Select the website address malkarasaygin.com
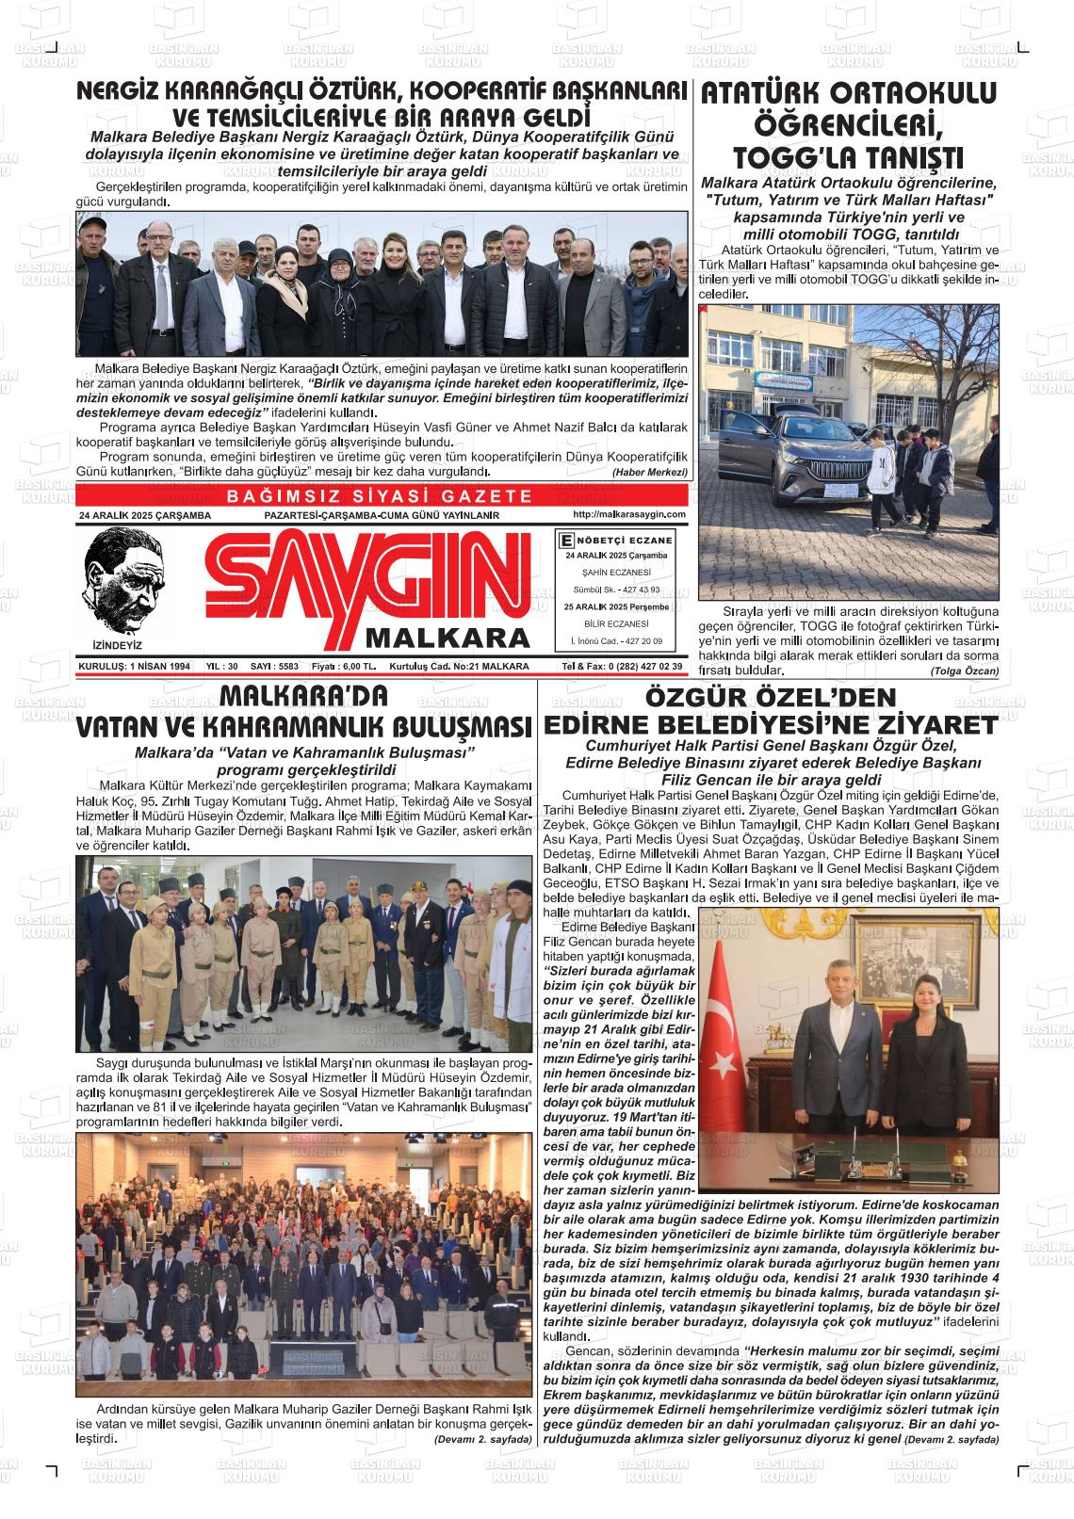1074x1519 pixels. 628,514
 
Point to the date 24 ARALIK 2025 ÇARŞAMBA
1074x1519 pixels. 145,515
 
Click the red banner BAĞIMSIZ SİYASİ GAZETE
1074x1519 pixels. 381,496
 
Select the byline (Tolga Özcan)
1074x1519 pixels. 964,671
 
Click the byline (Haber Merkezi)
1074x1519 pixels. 650,471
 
